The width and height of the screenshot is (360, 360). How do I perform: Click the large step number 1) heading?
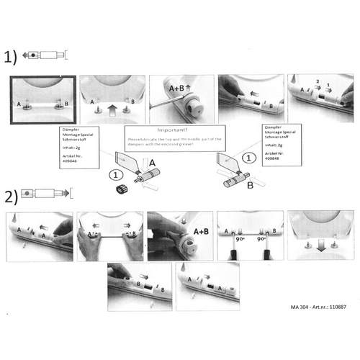point(10,57)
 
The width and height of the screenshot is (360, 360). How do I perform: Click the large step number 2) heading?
point(10,196)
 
